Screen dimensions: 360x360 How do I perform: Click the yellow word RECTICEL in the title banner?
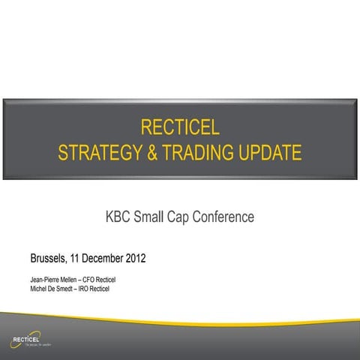point(180,124)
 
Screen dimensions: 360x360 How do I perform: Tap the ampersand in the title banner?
point(152,154)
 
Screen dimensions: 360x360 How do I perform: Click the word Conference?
point(229,217)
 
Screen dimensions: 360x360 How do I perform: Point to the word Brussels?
point(48,259)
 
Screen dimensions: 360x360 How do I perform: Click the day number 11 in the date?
point(76,259)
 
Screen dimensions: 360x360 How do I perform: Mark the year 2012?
point(135,259)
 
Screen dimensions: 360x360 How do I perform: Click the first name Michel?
point(39,289)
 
